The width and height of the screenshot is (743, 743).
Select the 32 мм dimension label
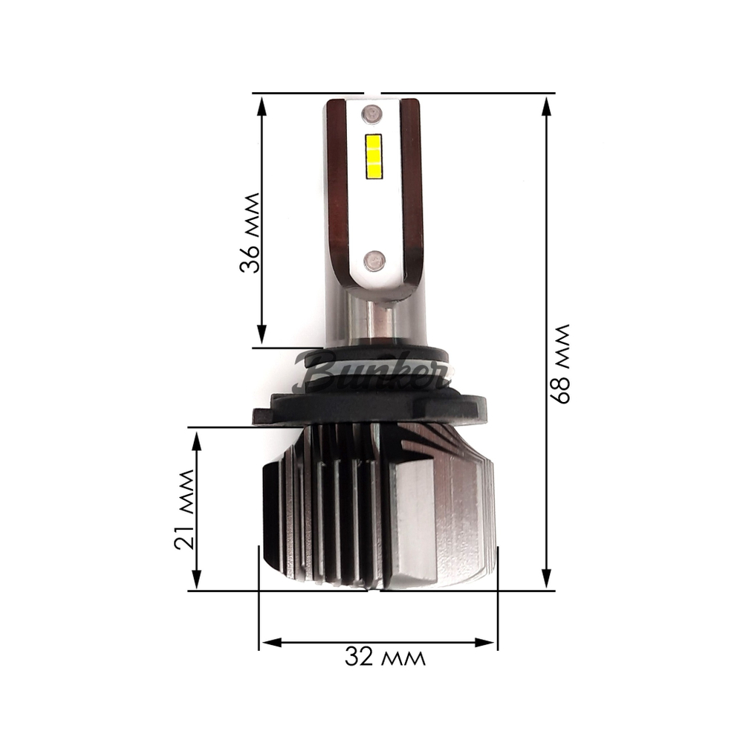pyautogui.click(x=385, y=657)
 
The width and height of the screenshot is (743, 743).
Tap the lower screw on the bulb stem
pyautogui.click(x=374, y=259)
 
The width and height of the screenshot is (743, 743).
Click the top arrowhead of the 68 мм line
pyautogui.click(x=546, y=105)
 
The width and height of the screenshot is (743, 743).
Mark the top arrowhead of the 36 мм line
pyautogui.click(x=262, y=105)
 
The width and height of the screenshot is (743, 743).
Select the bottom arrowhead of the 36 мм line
pyautogui.click(x=262, y=335)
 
